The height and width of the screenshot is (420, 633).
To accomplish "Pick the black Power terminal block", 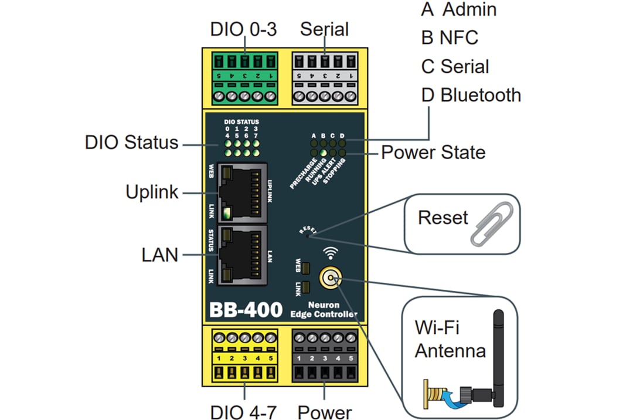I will tap(325, 357).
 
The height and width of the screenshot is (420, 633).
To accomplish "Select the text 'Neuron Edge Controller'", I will tap(324, 310).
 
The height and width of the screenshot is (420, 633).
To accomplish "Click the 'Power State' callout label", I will tap(433, 153).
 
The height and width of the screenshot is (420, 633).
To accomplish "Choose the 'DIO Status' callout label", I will tap(131, 143).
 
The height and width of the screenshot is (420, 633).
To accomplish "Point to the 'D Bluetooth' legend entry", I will tap(471, 95).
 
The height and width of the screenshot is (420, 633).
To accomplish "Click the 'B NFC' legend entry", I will tap(450, 38).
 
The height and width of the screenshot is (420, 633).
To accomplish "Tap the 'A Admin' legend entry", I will tap(459, 9).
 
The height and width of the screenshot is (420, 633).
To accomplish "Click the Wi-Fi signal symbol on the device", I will tap(332, 253).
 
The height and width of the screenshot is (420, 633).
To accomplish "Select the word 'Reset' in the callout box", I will tap(443, 218).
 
